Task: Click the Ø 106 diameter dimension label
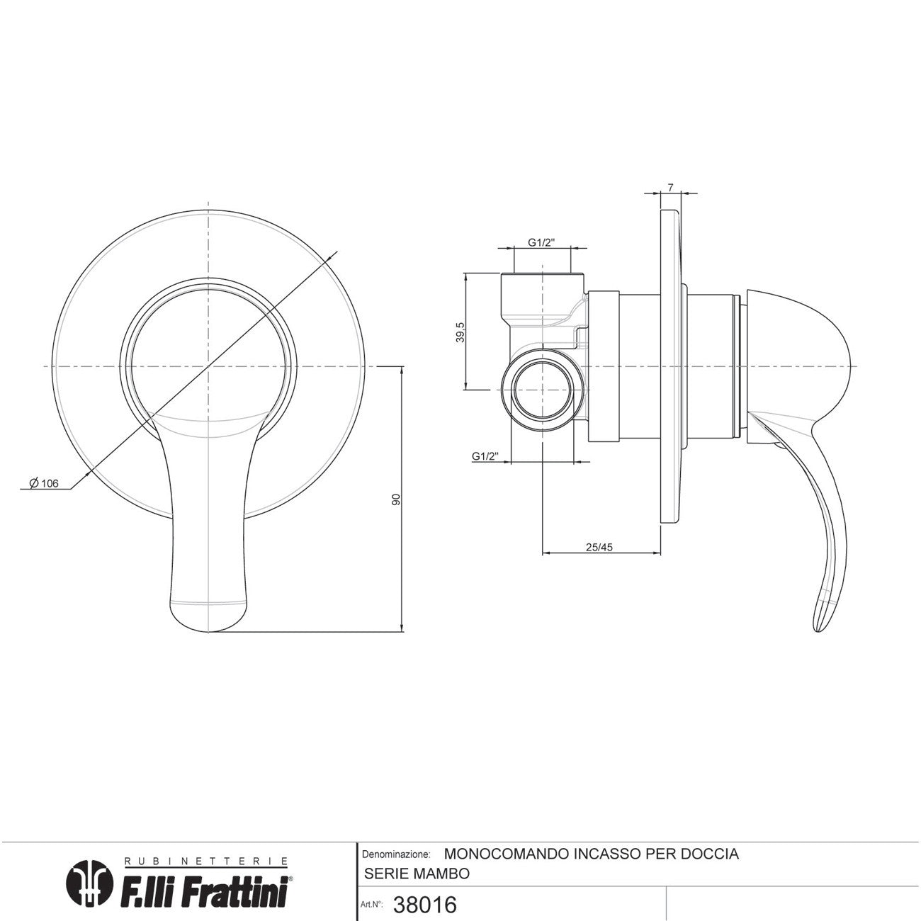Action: (43, 484)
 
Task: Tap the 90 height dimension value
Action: (395, 500)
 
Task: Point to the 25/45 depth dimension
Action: (599, 547)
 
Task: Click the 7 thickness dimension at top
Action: (670, 188)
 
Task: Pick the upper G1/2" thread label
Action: (541, 242)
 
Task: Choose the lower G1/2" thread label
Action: (485, 456)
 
